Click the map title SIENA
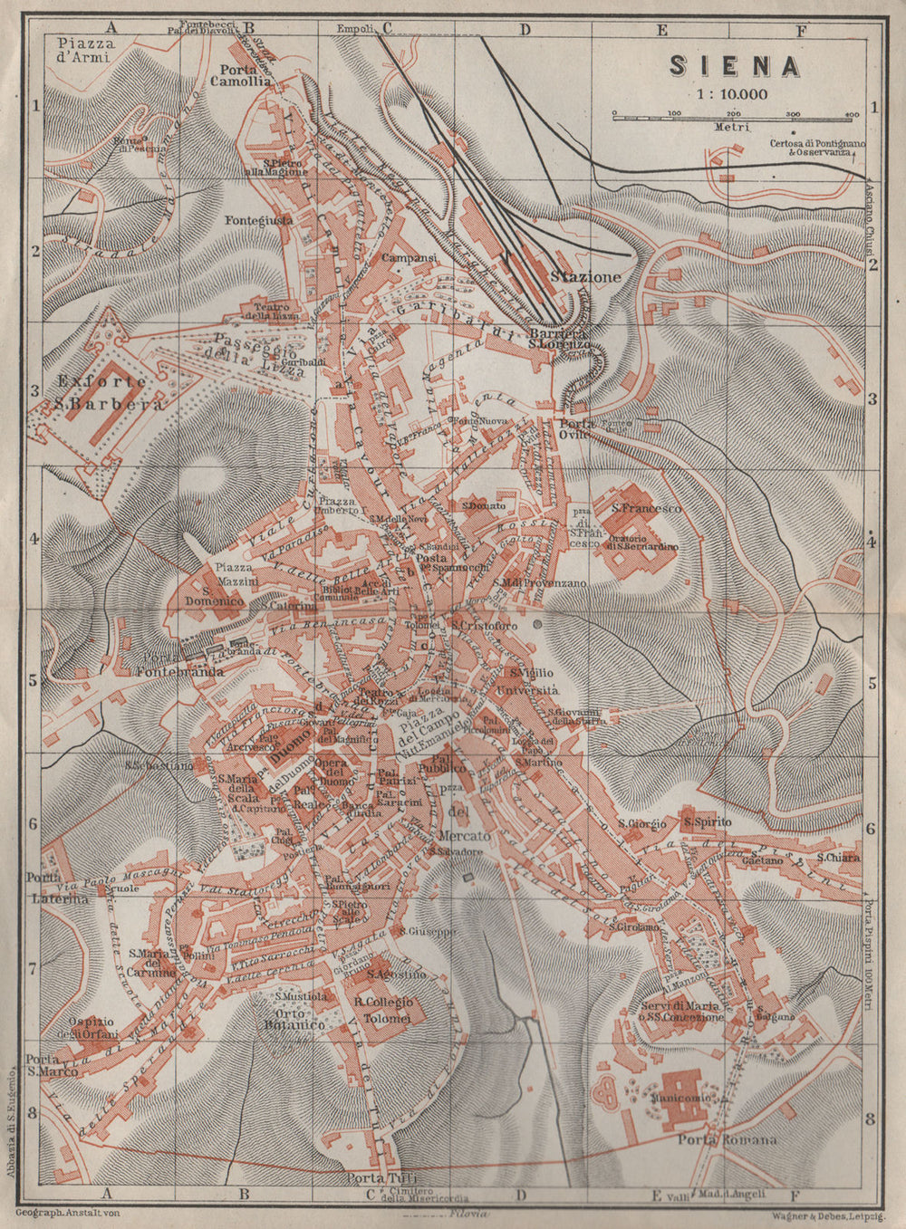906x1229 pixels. pos(735,66)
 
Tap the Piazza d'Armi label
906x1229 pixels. pos(82,49)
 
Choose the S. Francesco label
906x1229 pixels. pos(646,509)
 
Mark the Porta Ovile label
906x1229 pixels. pos(574,428)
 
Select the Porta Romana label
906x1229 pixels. pos(728,1139)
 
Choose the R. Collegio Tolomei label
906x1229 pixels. pos(383,1010)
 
